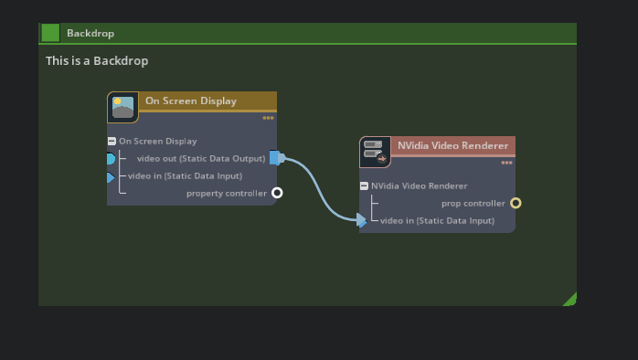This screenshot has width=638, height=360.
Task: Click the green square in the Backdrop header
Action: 50,33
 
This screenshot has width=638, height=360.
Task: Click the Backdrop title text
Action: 90,33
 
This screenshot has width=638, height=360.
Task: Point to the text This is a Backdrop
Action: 97,61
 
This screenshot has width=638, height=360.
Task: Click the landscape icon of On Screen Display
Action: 122,107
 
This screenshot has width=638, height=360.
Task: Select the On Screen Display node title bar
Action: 206,101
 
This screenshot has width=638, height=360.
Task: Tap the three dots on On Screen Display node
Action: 268,118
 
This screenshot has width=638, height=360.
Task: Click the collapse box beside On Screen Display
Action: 112,142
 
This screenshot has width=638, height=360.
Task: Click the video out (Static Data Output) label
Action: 200,159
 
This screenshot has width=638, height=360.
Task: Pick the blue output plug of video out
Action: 276,158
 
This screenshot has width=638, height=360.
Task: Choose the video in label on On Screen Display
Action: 185,176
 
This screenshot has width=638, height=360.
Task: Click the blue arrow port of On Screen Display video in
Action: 111,177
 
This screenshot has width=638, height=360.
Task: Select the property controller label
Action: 227,194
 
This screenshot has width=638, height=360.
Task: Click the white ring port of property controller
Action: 277,193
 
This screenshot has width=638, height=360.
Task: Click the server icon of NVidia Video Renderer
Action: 375,152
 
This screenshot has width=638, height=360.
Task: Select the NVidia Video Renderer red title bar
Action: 452,145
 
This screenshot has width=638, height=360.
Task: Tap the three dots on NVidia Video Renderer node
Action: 506,163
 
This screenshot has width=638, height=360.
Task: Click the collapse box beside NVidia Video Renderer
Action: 364,186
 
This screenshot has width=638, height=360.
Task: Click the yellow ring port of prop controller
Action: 516,203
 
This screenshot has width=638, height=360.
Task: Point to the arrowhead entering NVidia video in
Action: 362,220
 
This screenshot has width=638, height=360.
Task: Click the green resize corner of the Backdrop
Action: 570,300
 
